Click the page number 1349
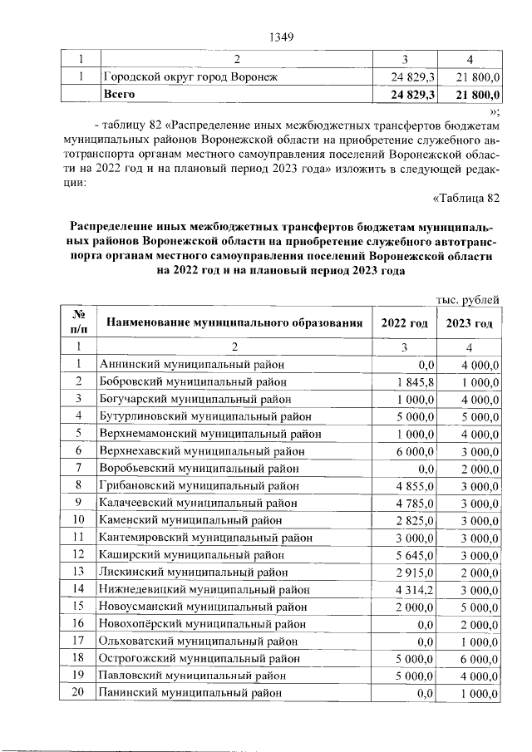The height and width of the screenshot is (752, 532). coord(283,37)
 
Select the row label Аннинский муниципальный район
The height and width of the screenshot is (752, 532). coord(191,363)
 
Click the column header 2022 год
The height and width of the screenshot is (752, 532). coord(405,323)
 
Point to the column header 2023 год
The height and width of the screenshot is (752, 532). coord(470,323)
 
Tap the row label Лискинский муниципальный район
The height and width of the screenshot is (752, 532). coord(192,572)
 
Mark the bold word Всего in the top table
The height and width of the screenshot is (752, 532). coord(119,96)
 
